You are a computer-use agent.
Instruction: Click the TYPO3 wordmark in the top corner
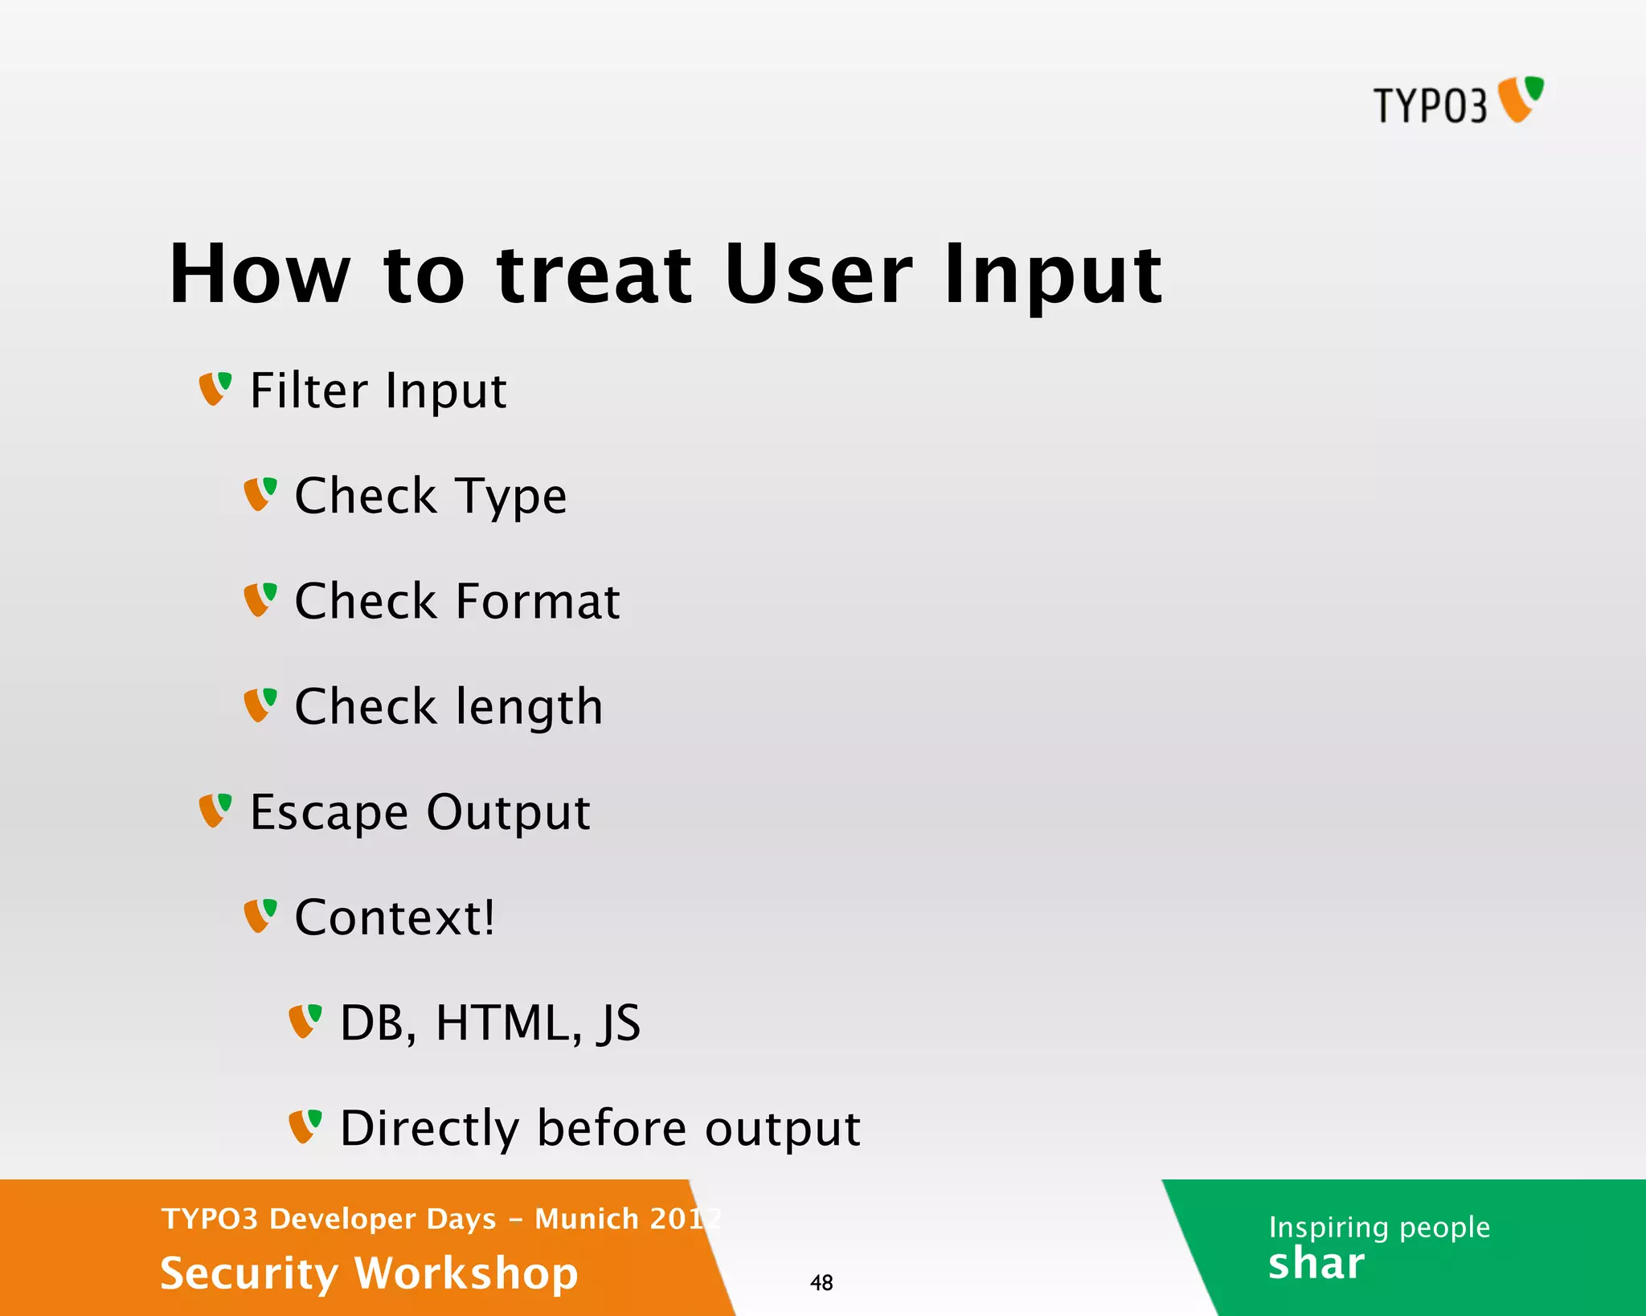pos(1430,106)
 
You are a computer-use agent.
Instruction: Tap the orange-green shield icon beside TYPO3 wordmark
pos(1521,99)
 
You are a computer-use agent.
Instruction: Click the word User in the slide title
pos(817,275)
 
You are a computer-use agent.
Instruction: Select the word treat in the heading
pos(594,275)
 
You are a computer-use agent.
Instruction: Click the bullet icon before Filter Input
pos(215,389)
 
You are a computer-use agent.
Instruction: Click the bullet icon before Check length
pos(260,705)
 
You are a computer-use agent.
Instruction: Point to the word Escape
pos(329,813)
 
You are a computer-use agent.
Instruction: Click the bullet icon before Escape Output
pos(215,811)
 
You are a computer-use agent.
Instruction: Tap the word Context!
pos(394,918)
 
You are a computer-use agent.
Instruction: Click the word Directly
pos(429,1129)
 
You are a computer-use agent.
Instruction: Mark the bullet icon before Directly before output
pos(305,1126)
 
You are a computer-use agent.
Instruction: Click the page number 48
pos(821,1283)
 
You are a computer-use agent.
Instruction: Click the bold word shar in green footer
pos(1316,1264)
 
